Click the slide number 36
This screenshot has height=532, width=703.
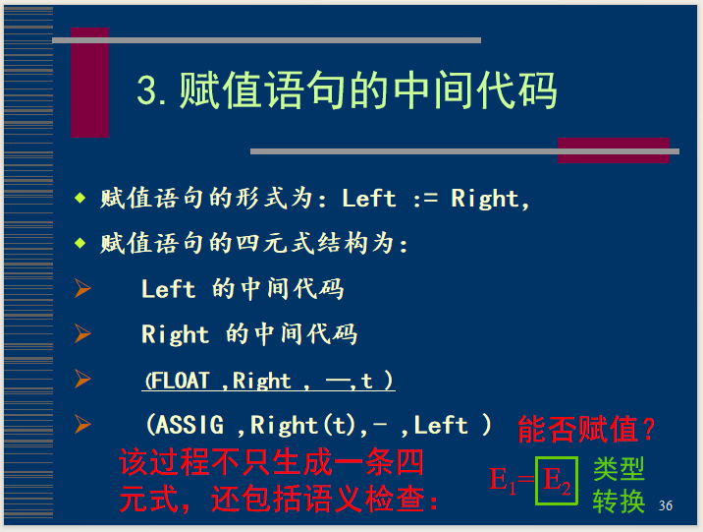point(666,505)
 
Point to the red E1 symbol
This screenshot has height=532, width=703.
point(502,480)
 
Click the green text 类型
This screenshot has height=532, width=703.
point(619,469)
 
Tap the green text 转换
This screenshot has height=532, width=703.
point(619,501)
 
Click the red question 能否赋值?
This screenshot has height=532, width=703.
point(586,429)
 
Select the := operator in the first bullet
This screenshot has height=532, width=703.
point(424,199)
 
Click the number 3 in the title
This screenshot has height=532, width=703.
point(147,90)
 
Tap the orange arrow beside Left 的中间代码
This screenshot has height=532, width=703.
point(82,288)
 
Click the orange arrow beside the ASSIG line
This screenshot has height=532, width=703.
point(82,425)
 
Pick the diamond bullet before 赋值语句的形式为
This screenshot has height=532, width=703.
point(81,198)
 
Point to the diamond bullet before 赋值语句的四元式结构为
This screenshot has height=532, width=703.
point(81,243)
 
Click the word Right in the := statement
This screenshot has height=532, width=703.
point(485,199)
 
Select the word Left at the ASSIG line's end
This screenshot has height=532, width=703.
point(441,425)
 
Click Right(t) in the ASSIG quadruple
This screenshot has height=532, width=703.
point(302,426)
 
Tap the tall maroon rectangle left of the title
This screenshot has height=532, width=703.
point(89,83)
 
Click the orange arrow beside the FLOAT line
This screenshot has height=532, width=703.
point(82,379)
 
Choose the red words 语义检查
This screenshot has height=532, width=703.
point(364,500)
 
